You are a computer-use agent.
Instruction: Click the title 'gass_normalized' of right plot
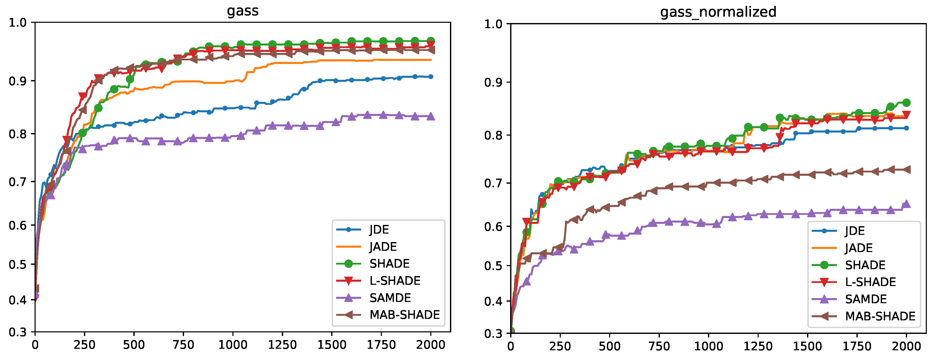[x=718, y=12]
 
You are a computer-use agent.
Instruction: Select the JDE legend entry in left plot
[x=379, y=229]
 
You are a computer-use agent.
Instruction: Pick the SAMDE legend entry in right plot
[x=866, y=299]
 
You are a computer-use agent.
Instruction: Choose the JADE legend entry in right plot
[x=859, y=248]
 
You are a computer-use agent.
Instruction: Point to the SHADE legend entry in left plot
[x=389, y=264]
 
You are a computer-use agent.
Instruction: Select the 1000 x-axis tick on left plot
[x=233, y=344]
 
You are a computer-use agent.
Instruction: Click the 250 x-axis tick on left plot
[x=84, y=344]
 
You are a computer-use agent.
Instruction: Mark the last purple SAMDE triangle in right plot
[x=906, y=204]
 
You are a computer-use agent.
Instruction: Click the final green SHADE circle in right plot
[x=906, y=103]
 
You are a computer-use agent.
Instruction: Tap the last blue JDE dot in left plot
[x=431, y=77]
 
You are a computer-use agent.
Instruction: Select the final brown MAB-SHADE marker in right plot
[x=906, y=169]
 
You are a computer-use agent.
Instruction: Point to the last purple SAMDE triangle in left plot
[x=431, y=116]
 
